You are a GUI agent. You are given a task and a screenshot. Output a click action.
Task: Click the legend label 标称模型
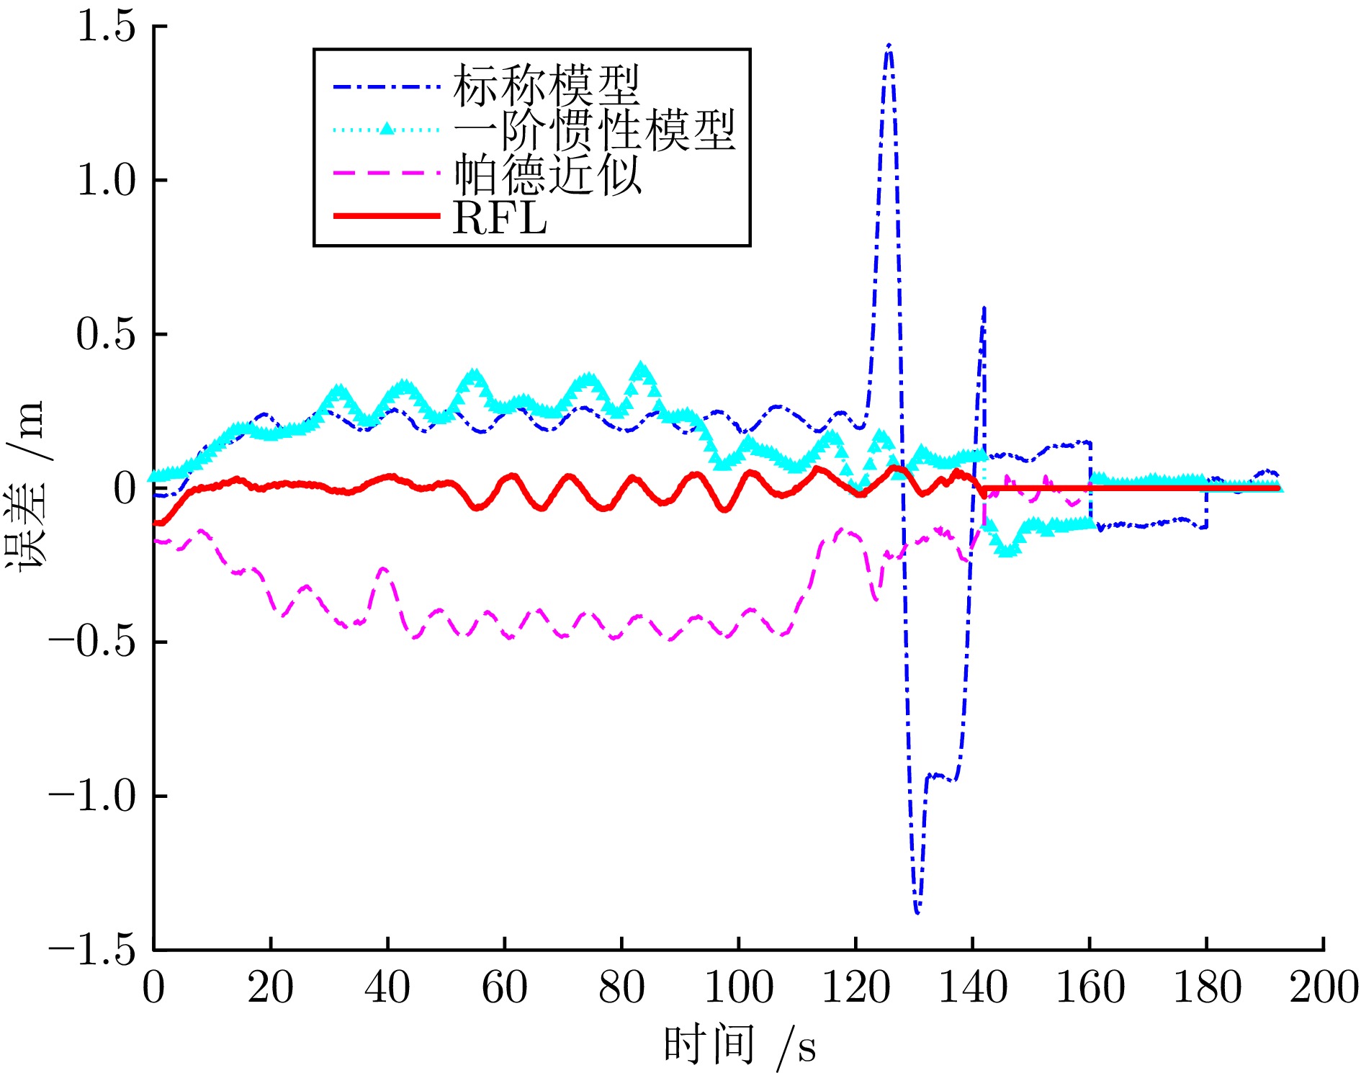point(547,85)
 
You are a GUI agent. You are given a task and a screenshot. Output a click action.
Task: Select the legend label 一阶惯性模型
point(594,130)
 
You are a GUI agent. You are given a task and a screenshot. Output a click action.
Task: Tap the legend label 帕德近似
point(547,174)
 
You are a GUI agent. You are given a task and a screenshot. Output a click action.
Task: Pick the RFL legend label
point(500,217)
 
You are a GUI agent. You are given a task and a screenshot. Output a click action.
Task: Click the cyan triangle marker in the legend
point(387,129)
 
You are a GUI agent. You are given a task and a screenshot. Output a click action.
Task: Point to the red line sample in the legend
point(387,216)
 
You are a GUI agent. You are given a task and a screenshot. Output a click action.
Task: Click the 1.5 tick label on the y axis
point(106,27)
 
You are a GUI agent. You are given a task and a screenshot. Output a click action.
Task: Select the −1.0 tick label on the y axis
point(92,796)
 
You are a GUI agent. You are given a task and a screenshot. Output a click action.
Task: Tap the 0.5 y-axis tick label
point(106,335)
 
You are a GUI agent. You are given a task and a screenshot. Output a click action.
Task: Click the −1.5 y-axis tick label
point(92,951)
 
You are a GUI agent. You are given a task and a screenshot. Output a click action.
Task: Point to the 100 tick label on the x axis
point(738,987)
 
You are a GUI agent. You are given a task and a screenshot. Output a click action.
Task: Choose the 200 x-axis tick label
point(1324,987)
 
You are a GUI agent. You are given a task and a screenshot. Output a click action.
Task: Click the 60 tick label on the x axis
point(504,987)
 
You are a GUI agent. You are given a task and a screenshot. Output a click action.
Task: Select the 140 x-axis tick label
point(972,987)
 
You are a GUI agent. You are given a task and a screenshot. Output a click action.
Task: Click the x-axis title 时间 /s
point(740,1046)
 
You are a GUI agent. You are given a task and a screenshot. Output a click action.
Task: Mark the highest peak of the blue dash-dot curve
point(889,45)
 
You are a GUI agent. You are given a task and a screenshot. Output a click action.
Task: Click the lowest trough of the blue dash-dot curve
point(917,913)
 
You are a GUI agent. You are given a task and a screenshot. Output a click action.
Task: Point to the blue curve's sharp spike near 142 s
point(984,308)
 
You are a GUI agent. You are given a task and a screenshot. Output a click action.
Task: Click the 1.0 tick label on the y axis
point(106,181)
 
